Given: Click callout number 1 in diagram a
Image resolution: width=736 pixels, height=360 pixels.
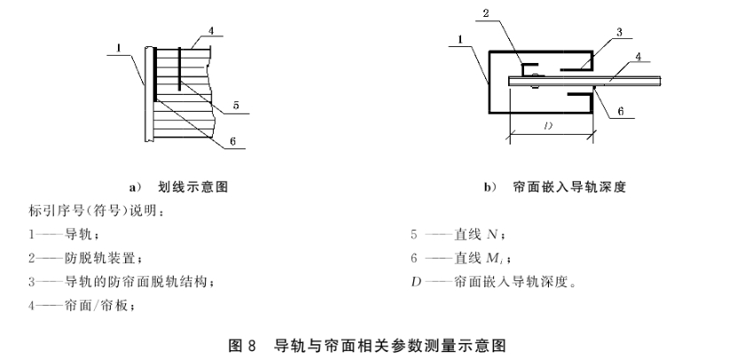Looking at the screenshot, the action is click(x=119, y=48).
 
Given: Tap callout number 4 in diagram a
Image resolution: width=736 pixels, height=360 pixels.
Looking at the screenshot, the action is click(x=211, y=30).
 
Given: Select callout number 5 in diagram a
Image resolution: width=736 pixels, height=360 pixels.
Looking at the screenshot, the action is click(x=236, y=106).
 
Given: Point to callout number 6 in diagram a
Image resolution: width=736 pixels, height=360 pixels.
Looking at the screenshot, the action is click(x=233, y=141).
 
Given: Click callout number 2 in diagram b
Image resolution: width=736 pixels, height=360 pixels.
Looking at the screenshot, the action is click(x=486, y=12).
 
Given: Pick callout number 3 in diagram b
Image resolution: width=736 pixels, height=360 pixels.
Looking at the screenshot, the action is click(x=619, y=32).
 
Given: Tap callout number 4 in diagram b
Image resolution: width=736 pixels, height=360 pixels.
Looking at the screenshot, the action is click(x=638, y=56).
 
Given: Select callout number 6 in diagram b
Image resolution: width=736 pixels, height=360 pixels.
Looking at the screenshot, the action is click(x=621, y=111).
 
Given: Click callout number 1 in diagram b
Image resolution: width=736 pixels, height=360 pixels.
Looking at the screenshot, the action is click(x=460, y=40).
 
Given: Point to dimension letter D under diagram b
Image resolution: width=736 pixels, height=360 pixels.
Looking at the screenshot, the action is click(x=548, y=126).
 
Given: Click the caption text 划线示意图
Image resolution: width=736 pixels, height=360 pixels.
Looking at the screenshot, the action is click(x=193, y=187).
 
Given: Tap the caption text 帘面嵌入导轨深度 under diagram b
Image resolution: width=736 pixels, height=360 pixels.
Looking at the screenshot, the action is click(x=570, y=187).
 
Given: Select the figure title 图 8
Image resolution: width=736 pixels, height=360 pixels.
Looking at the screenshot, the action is click(x=242, y=346).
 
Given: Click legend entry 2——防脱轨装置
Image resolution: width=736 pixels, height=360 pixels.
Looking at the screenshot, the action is click(x=85, y=258).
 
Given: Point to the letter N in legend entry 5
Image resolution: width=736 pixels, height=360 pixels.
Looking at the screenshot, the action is click(x=492, y=234).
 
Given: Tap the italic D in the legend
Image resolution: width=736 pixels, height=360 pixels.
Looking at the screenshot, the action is click(x=417, y=283).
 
